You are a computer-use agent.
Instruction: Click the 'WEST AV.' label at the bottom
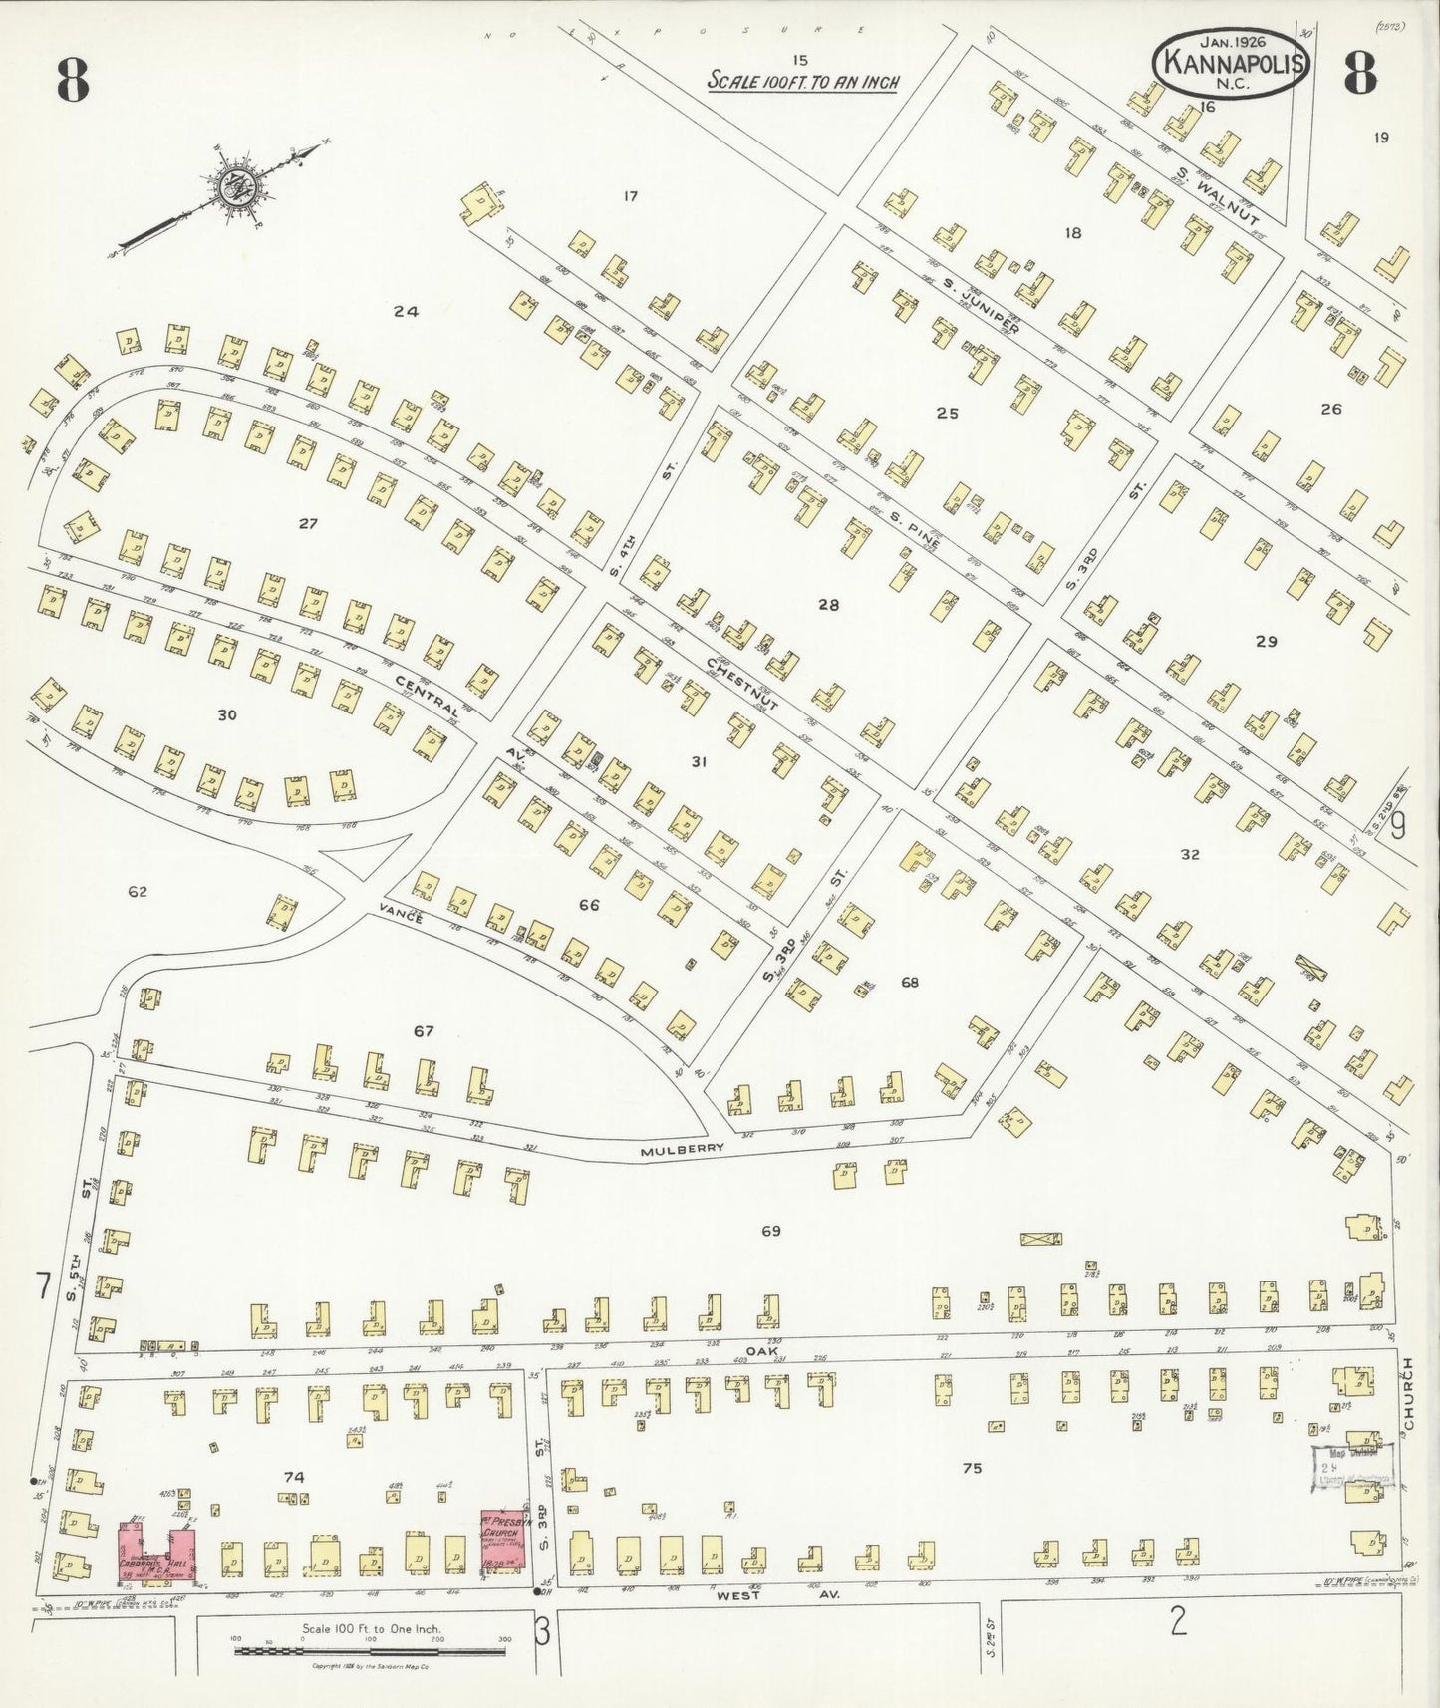pos(767,1595)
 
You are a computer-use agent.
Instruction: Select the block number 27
pos(308,522)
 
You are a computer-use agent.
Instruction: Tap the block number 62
pos(137,891)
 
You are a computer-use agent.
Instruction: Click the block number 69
pos(770,1231)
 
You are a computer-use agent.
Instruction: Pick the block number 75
pos(972,1467)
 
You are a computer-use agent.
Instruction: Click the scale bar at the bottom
pos(371,1650)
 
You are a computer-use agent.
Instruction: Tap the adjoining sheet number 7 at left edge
pos(42,1286)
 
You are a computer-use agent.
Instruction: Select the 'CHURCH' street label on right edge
pos(1408,1394)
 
